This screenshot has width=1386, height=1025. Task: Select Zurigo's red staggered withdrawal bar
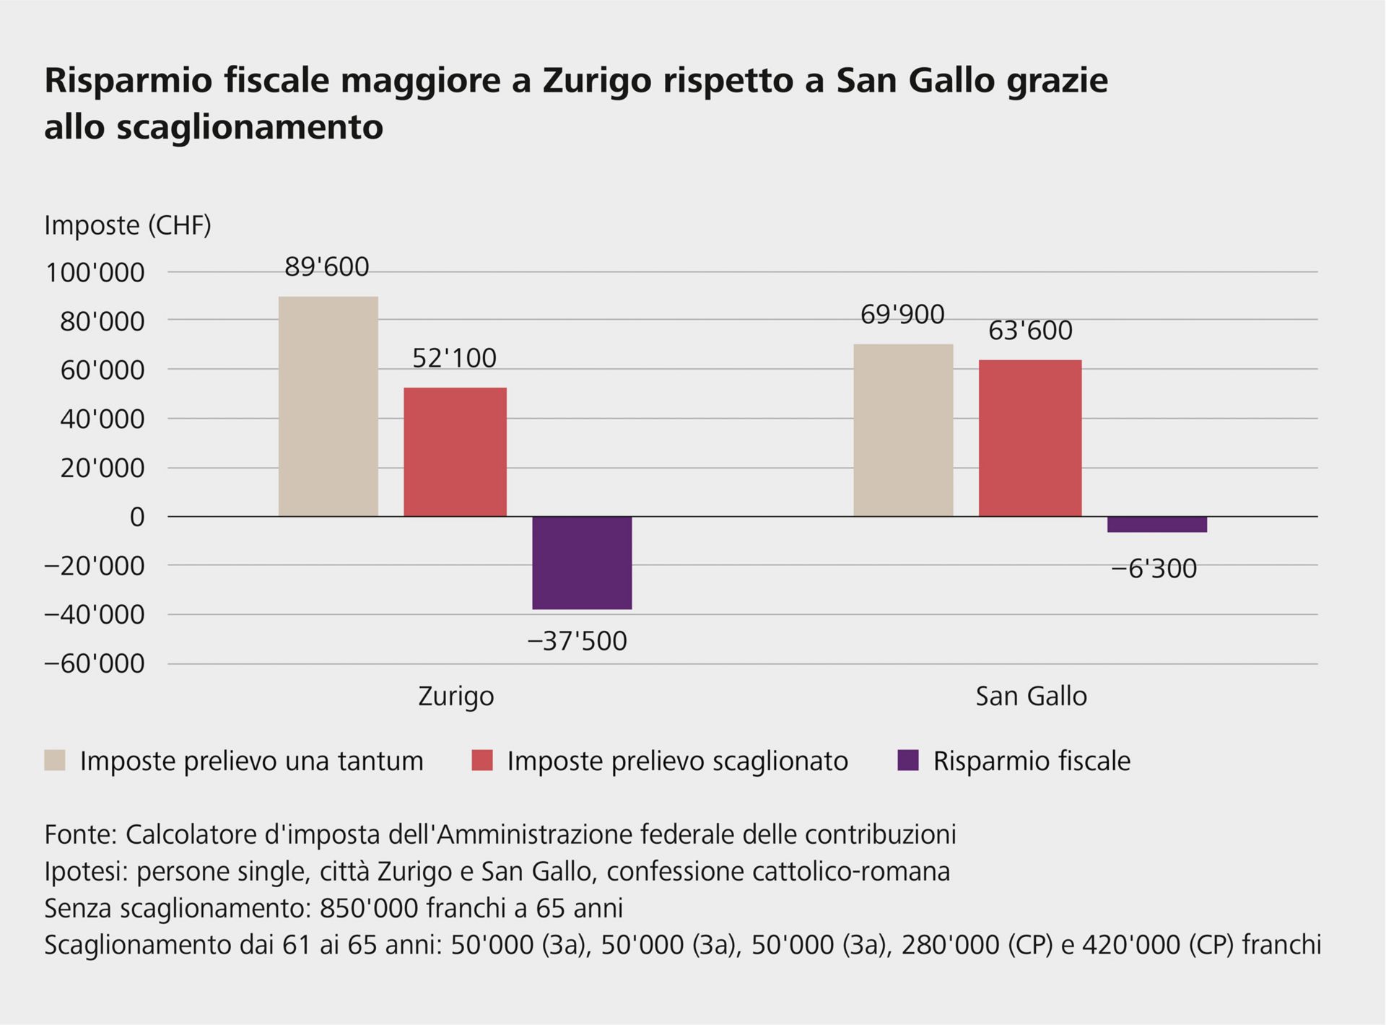455,452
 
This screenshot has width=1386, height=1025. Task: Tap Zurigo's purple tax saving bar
582,562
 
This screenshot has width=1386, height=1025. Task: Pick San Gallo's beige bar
903,430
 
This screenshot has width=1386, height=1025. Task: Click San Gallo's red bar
1030,438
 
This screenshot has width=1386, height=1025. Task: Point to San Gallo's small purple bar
1156,525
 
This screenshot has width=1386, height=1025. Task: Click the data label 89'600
326,267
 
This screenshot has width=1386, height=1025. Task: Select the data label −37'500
577,641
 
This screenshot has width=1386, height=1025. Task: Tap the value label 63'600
1030,331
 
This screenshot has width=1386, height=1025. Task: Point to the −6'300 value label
1154,569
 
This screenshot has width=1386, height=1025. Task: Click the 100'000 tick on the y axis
95,273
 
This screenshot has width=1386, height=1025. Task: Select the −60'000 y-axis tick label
95,663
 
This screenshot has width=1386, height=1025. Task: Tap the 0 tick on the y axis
137,517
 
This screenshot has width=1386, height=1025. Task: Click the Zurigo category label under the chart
456,696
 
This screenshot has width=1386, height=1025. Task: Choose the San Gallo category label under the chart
1031,696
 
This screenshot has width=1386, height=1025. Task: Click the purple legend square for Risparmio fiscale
908,761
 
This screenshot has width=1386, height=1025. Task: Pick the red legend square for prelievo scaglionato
482,761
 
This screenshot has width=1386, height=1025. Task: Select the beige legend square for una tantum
55,761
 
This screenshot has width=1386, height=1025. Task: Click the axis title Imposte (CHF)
128,225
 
